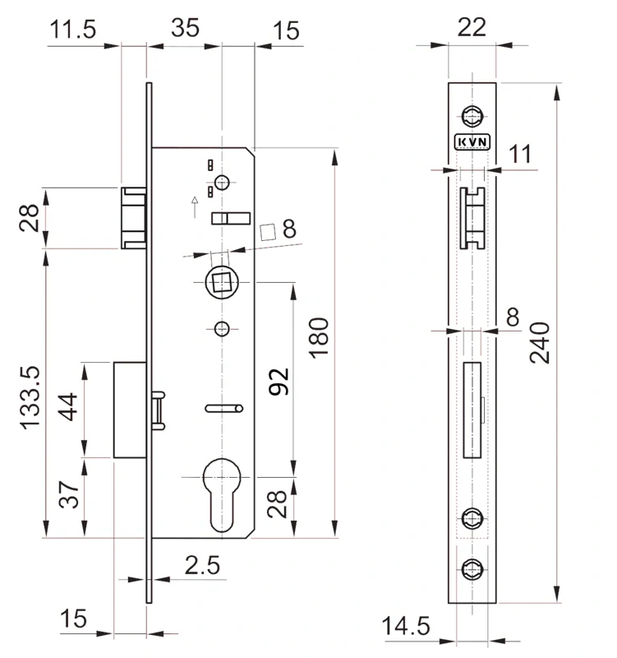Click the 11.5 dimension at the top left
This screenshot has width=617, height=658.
coord(73,30)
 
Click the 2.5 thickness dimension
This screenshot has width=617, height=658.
coord(202,565)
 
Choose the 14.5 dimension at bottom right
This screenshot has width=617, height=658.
coord(406,627)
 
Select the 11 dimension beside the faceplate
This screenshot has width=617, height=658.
coord(520,153)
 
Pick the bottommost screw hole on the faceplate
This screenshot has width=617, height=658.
coord(472,568)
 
